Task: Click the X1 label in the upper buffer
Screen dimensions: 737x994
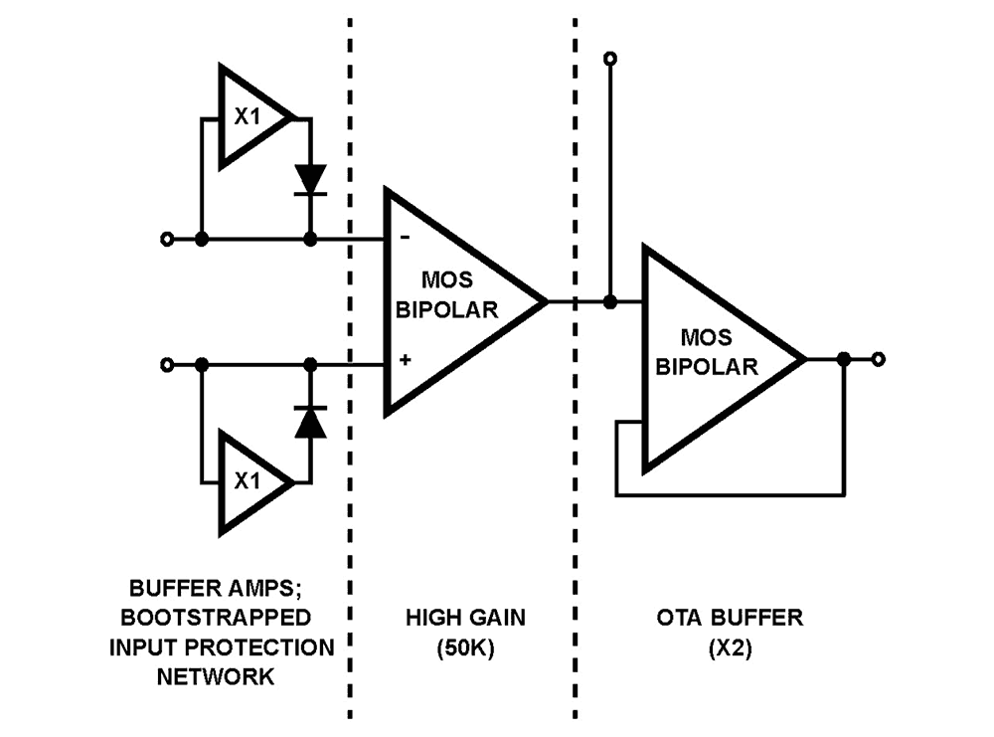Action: (248, 115)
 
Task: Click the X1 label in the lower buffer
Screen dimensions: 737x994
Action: (248, 480)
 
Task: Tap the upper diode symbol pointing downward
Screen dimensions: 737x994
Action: (310, 180)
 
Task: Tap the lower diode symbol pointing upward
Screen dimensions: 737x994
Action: (310, 423)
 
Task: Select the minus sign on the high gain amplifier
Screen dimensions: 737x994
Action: (404, 239)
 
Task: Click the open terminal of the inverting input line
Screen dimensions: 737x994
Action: (166, 240)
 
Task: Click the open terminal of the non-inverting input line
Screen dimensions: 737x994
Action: (166, 365)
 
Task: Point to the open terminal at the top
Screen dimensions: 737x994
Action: (610, 60)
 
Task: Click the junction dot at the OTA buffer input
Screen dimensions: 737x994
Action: (610, 301)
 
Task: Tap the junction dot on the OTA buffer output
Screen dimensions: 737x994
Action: (843, 358)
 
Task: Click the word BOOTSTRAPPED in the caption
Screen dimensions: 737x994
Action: (222, 618)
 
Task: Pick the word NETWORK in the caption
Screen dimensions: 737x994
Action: (222, 676)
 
